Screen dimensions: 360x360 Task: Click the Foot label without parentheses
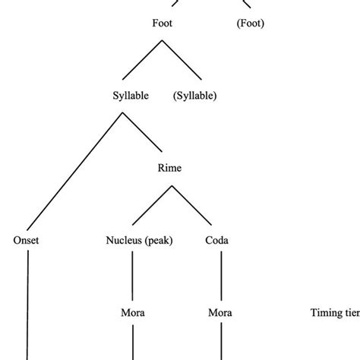pos(163,24)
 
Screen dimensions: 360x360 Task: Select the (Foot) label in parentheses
pos(249,24)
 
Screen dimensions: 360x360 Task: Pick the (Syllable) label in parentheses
pos(195,96)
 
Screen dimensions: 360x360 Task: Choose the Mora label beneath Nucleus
pos(133,312)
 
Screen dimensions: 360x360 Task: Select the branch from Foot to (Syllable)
pos(182,60)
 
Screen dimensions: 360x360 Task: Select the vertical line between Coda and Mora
pos(220,276)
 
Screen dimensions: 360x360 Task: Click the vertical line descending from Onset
pos(27,304)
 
